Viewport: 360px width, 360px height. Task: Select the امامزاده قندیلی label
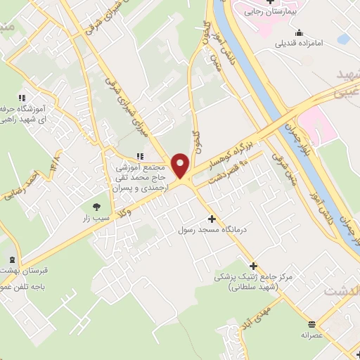point(300,42)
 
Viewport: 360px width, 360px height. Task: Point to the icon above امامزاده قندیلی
point(300,32)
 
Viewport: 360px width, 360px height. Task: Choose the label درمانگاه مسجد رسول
point(212,230)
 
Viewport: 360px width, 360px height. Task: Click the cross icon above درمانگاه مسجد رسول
point(212,219)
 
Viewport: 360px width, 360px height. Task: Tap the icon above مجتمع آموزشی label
point(140,156)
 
